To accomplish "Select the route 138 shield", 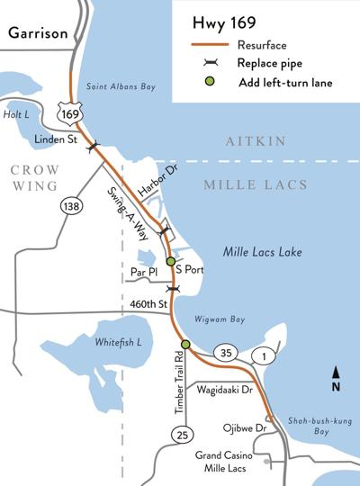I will pos(67,206).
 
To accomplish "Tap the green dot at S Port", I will pos(170,261).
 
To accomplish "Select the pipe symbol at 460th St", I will pos(174,288).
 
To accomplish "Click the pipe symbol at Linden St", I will pos(94,147).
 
